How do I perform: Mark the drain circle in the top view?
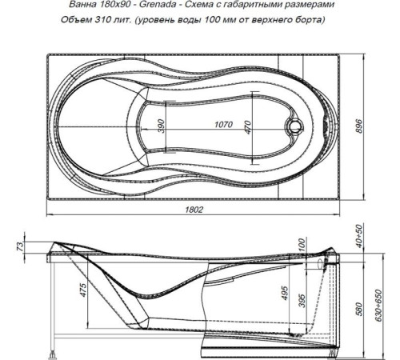[x=296, y=126]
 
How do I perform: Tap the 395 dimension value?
[x=301, y=299]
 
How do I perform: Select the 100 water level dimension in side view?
[x=301, y=245]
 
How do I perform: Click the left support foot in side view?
[x=54, y=349]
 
